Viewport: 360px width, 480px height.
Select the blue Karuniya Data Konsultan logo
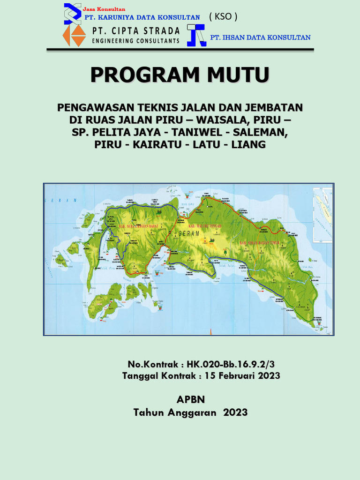click(73, 13)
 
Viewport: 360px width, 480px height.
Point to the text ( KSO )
click(223, 16)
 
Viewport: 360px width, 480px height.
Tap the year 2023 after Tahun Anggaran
click(235, 412)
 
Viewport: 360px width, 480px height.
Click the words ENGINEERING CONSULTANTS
click(136, 41)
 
